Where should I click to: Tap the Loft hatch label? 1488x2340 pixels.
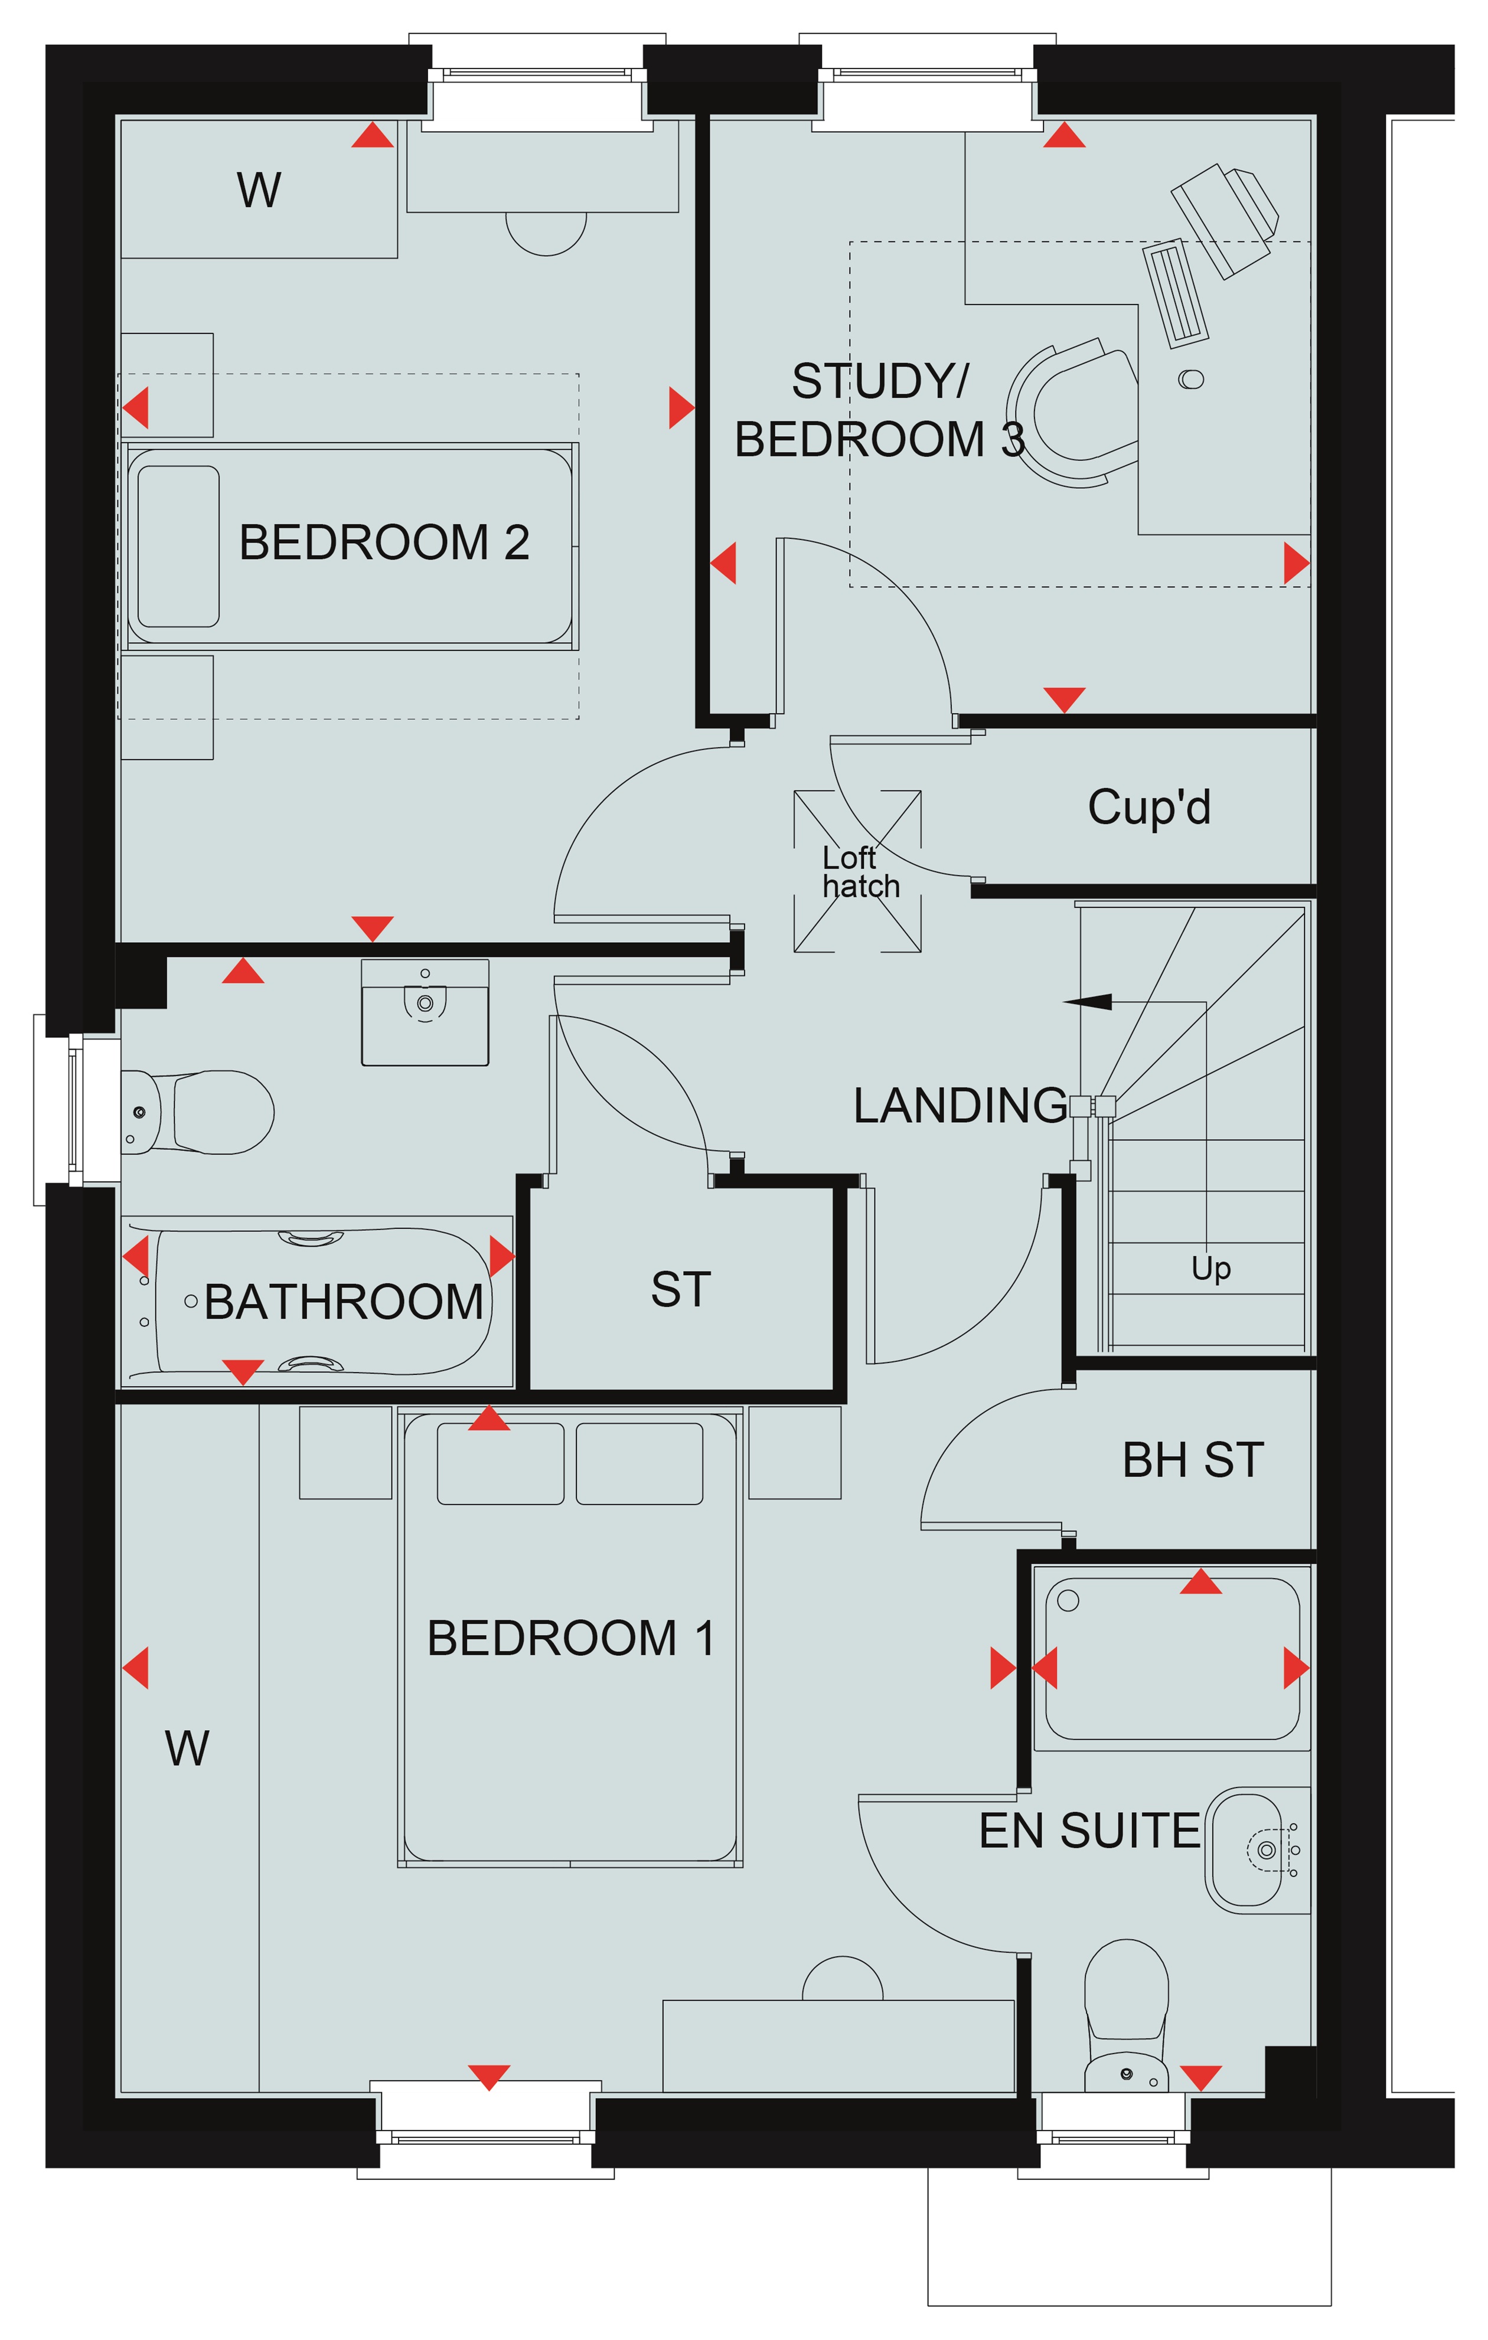click(x=860, y=872)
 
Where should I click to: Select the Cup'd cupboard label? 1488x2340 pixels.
click(x=1149, y=806)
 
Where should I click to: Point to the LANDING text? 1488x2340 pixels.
click(x=960, y=1106)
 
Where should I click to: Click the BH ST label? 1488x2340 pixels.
click(x=1193, y=1460)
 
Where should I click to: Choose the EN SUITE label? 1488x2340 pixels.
click(x=1089, y=1831)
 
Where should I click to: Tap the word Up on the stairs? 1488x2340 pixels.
click(x=1211, y=1268)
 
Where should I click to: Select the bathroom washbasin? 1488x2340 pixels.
click(x=425, y=1012)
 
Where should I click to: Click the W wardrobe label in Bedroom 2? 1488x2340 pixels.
click(x=259, y=189)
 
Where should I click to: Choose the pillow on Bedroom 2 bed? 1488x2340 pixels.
click(x=179, y=546)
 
